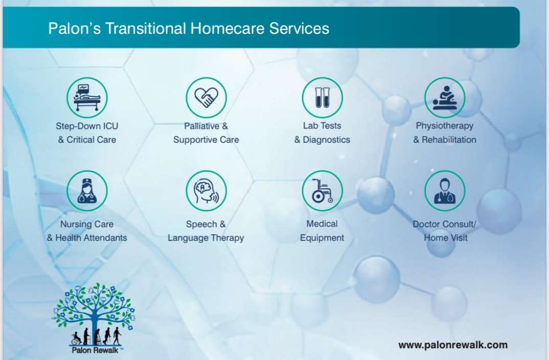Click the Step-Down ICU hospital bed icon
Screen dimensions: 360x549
[x=87, y=97]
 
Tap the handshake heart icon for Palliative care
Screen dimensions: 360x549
[x=206, y=97]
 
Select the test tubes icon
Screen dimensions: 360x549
[x=322, y=97]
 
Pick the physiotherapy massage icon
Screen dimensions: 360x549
[x=445, y=97]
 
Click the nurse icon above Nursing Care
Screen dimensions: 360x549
[x=87, y=191]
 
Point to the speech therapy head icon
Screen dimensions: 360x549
[x=206, y=191]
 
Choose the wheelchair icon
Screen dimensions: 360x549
[x=322, y=191]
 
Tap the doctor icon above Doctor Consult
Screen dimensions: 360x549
[x=445, y=191]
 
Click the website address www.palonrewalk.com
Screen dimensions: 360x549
[x=453, y=345]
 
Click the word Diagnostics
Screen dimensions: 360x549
[x=327, y=140]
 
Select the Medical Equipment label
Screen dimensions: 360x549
[x=322, y=231]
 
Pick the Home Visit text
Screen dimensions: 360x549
[x=445, y=238]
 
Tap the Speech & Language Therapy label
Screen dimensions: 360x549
[x=205, y=231]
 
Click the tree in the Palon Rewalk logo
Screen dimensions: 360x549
[x=94, y=309]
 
